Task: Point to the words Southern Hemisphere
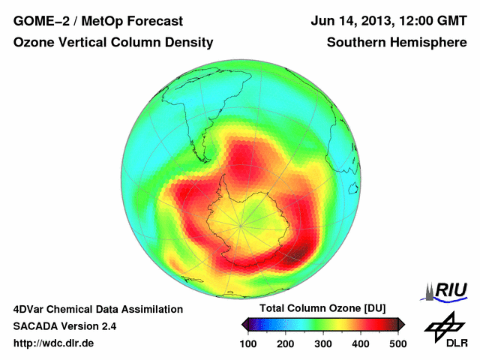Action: click(x=397, y=43)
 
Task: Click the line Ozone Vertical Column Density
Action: click(x=113, y=43)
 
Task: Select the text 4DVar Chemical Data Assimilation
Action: click(x=98, y=309)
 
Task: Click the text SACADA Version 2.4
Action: click(x=64, y=326)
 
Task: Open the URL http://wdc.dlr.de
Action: click(x=54, y=343)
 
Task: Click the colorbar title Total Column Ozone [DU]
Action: click(x=322, y=309)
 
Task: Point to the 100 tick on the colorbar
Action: click(x=248, y=343)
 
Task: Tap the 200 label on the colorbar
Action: click(x=285, y=343)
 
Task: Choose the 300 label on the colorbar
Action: click(x=322, y=343)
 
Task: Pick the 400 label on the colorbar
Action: click(x=360, y=343)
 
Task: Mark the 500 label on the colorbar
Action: click(x=397, y=343)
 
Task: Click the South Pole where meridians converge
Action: click(x=241, y=224)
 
